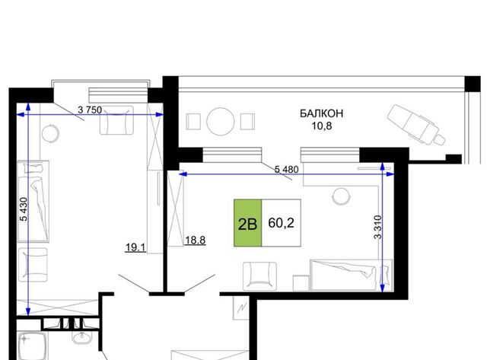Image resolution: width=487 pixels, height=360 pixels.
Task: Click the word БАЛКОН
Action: point(321,113)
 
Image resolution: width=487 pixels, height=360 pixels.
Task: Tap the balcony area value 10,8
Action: point(322,126)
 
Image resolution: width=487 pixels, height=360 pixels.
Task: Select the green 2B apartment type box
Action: point(247,223)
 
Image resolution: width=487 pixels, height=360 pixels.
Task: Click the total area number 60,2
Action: point(281,223)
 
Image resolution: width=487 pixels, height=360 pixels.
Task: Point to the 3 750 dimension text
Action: point(90,110)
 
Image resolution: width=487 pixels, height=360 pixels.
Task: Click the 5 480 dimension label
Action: point(286,169)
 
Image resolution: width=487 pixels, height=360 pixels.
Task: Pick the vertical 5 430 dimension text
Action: point(24,209)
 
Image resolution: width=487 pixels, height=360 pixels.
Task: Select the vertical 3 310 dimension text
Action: point(377,227)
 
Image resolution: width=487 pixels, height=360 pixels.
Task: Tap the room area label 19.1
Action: point(135,247)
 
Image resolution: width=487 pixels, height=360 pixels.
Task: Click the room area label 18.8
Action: point(195,240)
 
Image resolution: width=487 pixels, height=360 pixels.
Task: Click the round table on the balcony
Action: point(221,121)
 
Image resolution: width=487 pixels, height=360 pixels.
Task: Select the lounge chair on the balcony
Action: point(416,124)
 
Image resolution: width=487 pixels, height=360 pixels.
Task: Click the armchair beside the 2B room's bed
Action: point(259,276)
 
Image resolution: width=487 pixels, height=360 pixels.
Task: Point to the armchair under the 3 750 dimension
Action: point(116,120)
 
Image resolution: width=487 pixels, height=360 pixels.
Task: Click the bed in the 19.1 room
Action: point(33,201)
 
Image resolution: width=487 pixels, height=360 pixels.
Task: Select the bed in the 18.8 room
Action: point(352,276)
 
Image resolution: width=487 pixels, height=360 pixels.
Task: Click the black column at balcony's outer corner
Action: point(473,84)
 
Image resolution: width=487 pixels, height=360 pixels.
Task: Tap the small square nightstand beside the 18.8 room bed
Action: point(301,283)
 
